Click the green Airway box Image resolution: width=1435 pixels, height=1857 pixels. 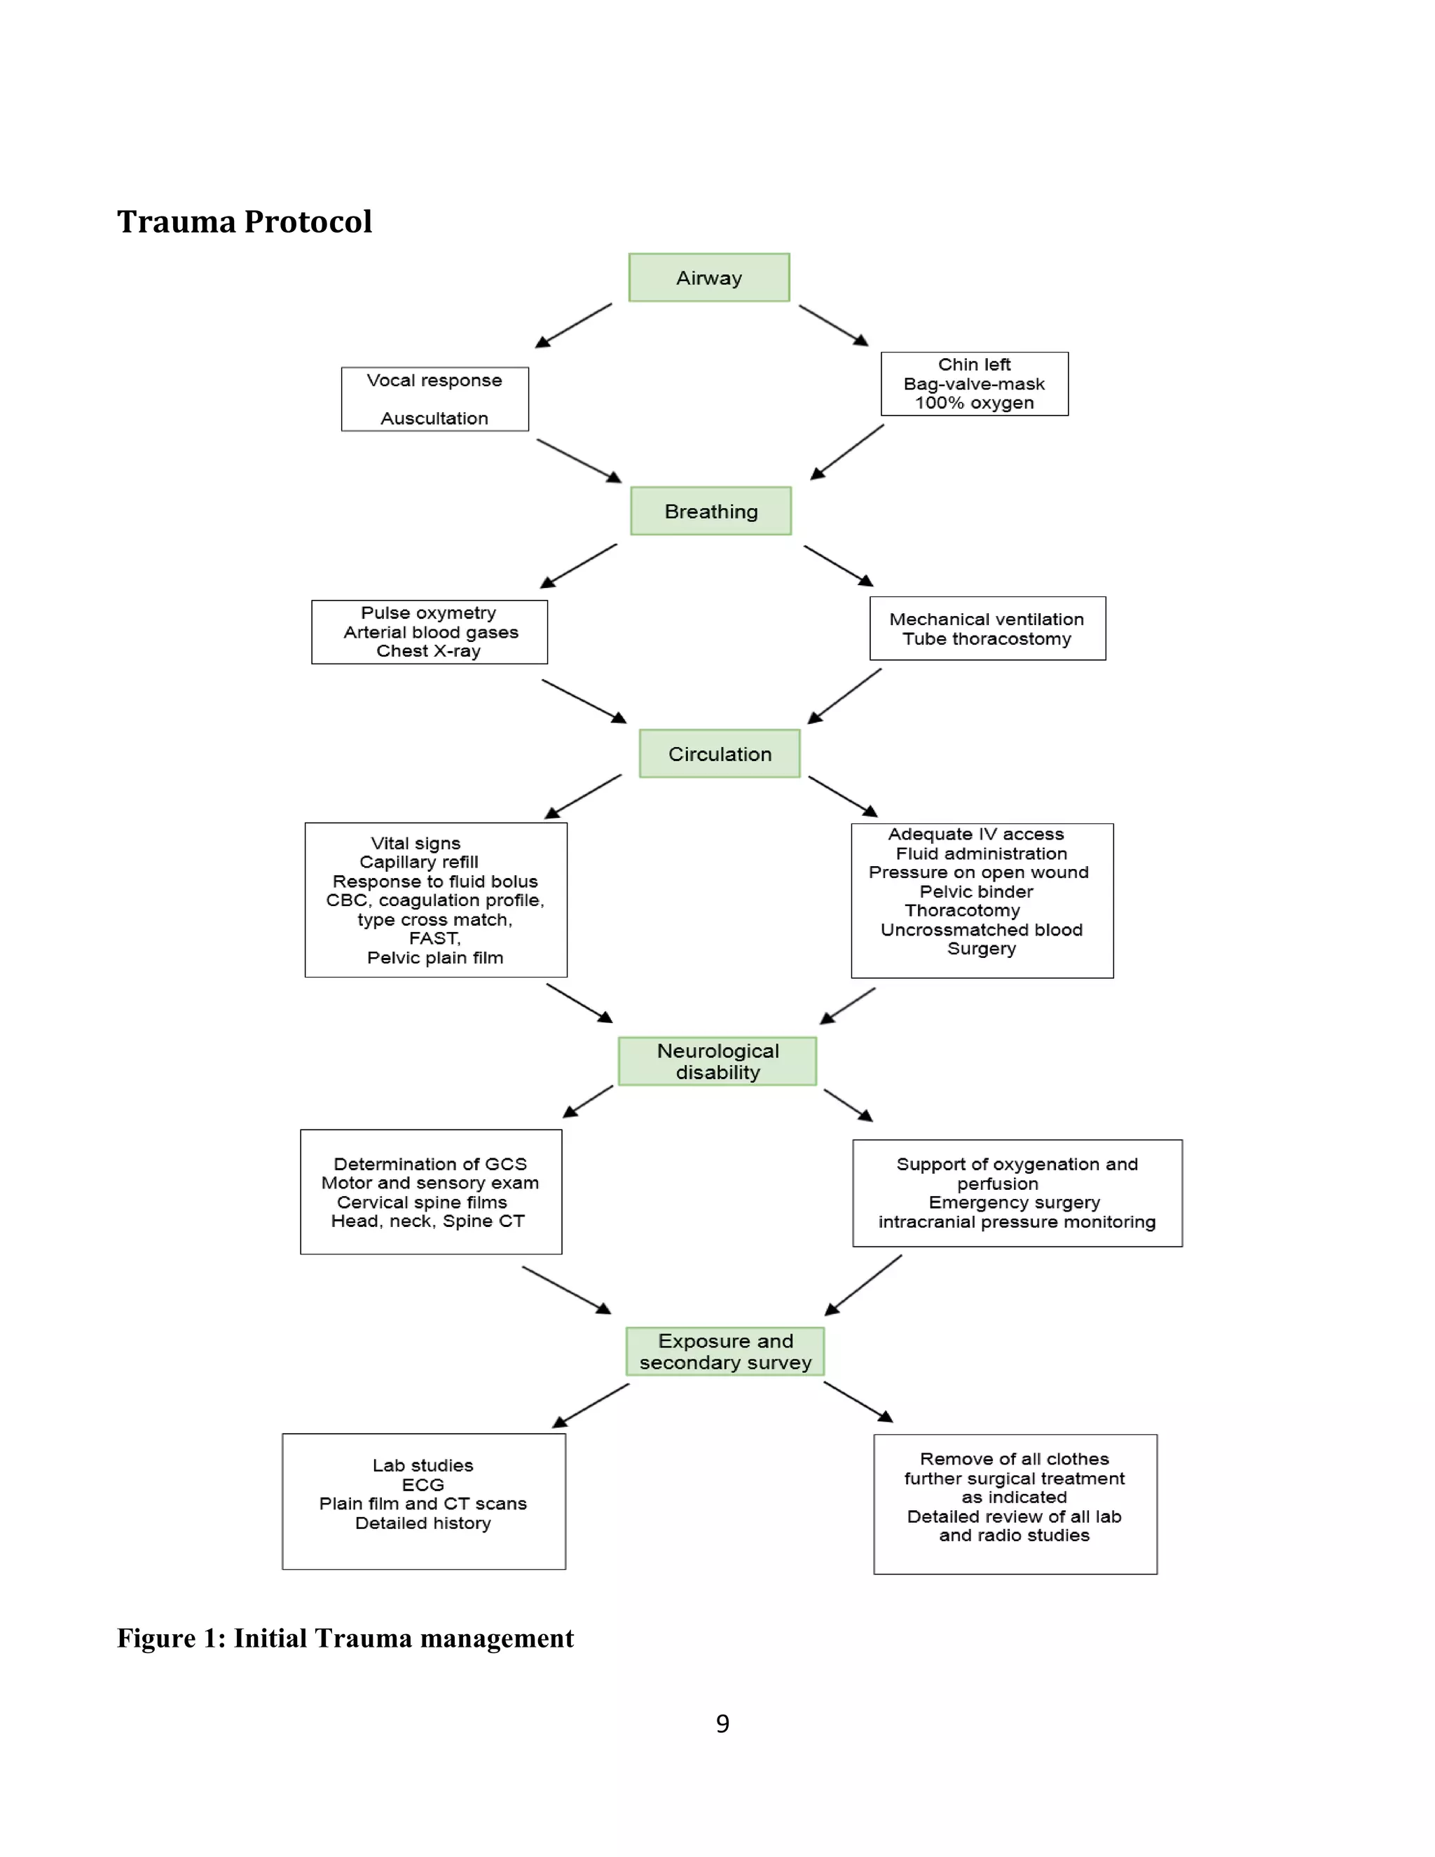tap(708, 277)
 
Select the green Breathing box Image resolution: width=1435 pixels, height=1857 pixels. tap(710, 511)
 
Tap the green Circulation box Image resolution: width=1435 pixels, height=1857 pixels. tap(719, 753)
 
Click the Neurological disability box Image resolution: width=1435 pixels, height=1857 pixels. tap(717, 1061)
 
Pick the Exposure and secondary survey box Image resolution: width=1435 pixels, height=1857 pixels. tap(725, 1351)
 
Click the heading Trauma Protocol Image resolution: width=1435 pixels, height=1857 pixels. tap(244, 222)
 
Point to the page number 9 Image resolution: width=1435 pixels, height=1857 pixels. tap(722, 1724)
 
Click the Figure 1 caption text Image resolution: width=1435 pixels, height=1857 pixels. tap(345, 1638)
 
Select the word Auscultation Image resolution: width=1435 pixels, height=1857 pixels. tap(434, 418)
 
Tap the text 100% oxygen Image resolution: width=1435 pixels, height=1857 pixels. tap(974, 403)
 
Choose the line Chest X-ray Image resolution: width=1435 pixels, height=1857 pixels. tap(428, 650)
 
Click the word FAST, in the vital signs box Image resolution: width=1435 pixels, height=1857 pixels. tap(434, 939)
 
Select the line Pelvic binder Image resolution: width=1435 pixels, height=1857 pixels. tap(976, 891)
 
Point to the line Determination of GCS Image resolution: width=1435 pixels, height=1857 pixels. tap(430, 1164)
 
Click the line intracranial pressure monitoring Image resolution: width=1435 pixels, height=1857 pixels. tap(1017, 1222)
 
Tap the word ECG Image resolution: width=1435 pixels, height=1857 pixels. tap(423, 1485)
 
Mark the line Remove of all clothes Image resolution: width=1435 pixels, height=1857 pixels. tap(1014, 1459)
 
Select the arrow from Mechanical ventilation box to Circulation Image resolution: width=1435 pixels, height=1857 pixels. tap(844, 697)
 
